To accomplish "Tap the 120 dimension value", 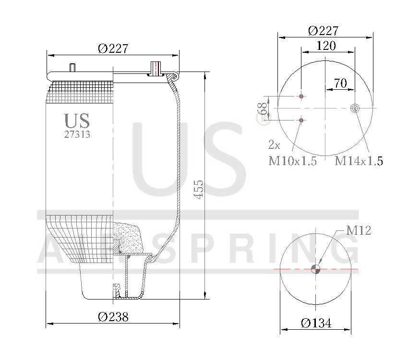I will [326, 46].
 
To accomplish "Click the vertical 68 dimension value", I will [263, 108].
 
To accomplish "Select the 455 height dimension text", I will [198, 190].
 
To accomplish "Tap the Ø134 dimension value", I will [316, 323].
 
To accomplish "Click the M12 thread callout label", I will [359, 231].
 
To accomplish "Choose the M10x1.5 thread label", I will [292, 161].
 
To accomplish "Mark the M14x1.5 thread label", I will [359, 161].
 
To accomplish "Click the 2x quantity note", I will [274, 144].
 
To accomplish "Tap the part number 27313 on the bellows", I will [77, 135].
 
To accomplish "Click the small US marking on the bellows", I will [77, 120].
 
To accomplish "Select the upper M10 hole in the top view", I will [301, 96].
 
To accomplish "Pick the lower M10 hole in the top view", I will [301, 120].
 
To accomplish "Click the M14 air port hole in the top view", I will [355, 108].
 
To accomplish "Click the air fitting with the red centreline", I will [155, 69].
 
